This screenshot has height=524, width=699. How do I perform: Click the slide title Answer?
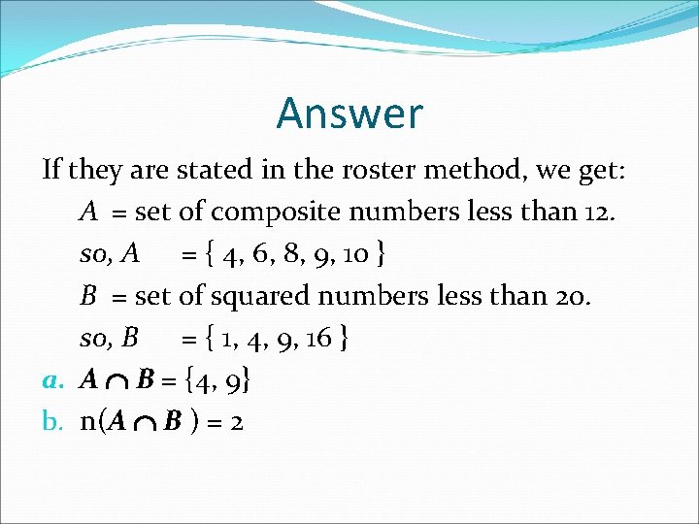click(349, 113)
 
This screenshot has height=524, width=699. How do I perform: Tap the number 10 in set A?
click(356, 255)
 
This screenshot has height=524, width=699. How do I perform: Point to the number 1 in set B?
click(226, 339)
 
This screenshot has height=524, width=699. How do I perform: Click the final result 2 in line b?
click(235, 422)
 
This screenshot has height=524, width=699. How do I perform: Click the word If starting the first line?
click(51, 171)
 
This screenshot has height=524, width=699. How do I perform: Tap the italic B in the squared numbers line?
click(87, 296)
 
